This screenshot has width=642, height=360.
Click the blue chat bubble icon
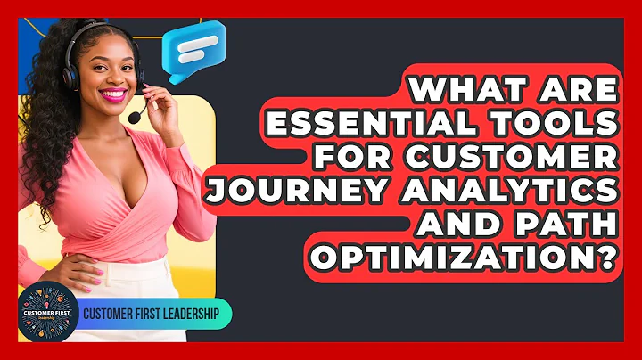194,51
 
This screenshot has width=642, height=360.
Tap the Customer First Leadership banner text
154,315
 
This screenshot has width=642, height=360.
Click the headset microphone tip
134,118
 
